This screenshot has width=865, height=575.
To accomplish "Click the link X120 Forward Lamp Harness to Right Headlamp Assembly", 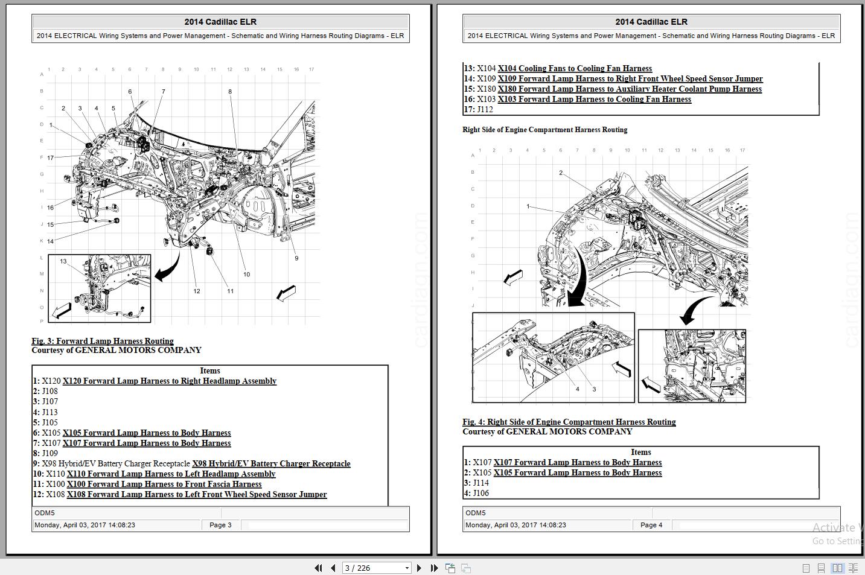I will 170,381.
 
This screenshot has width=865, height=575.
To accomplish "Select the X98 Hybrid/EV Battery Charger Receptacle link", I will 271,464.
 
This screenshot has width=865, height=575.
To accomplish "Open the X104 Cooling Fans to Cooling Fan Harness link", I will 575,69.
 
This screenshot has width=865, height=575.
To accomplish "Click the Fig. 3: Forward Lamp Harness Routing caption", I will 103,341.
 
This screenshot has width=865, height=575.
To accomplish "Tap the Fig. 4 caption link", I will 569,422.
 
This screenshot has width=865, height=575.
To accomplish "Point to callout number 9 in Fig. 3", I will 296,258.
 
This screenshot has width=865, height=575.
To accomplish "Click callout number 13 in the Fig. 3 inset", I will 63,261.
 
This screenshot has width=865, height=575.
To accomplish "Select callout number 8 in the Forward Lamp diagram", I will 230,92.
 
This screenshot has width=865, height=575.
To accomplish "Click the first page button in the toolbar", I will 318,568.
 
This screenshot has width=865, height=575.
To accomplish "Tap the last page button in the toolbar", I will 433,568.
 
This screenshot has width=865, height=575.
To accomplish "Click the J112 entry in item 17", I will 485,110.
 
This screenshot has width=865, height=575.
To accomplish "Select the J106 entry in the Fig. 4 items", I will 480,494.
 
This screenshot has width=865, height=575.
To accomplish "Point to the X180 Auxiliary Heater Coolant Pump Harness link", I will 630,89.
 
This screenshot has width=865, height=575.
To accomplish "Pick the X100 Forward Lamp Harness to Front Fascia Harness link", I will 164,484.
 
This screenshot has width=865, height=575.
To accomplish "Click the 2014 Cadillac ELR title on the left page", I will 220,22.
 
